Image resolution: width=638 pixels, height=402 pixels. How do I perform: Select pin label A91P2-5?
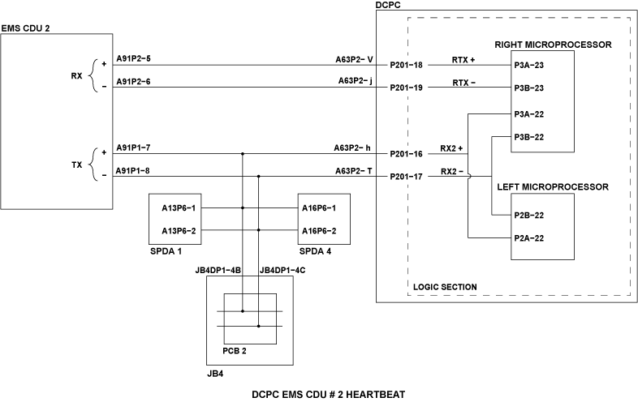coord(134,59)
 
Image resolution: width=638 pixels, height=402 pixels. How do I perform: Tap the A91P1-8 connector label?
coord(134,171)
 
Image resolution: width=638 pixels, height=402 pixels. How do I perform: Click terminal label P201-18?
coord(407,65)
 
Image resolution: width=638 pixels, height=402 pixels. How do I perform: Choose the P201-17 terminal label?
coord(407,177)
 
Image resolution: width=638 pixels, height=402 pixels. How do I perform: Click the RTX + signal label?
coord(463,60)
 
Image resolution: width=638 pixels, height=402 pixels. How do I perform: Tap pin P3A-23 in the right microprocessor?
coord(529,65)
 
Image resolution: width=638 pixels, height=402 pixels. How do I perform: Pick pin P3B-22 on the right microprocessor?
coord(529,137)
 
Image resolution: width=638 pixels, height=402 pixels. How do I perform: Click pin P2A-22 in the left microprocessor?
coord(529,237)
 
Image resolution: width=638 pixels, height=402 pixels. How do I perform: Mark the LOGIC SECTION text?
coord(445,287)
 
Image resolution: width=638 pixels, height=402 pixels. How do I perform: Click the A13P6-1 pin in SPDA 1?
coord(179,207)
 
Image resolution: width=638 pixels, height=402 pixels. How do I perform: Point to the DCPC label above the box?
coord(388,6)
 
